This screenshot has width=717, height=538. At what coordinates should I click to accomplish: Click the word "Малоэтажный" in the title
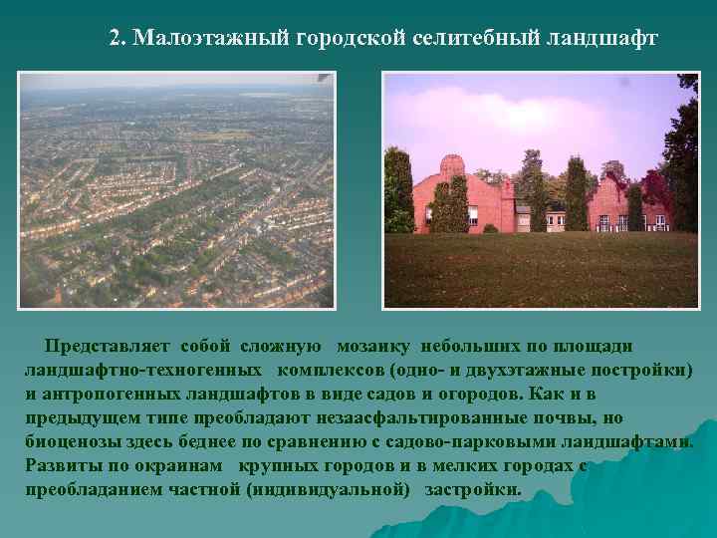pyautogui.click(x=212, y=39)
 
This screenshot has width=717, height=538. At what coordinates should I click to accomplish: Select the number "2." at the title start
pyautogui.click(x=118, y=39)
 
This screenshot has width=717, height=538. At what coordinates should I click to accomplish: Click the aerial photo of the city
pyautogui.click(x=177, y=189)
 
